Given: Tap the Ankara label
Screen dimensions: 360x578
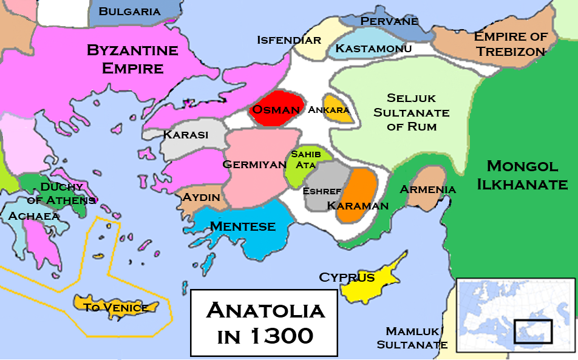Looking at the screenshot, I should (329, 110).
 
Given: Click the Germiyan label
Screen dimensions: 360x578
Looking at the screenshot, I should (254, 164).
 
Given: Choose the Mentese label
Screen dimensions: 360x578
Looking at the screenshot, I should (243, 227).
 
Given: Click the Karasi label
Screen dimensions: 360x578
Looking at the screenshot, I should (186, 135).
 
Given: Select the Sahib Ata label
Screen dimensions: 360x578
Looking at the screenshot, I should (306, 159).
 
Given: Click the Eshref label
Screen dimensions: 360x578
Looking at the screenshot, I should (322, 191).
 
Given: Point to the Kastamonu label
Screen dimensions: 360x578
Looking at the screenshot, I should (373, 48).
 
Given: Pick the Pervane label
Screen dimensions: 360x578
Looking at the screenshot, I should (389, 21).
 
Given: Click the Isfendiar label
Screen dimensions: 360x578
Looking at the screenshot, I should (289, 40).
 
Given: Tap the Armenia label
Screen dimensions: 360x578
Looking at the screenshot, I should (427, 189).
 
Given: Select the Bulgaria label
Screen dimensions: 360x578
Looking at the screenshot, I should (129, 11).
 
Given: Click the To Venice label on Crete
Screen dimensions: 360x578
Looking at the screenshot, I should (115, 307).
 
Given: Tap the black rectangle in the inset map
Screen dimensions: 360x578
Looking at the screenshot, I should (532, 330).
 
